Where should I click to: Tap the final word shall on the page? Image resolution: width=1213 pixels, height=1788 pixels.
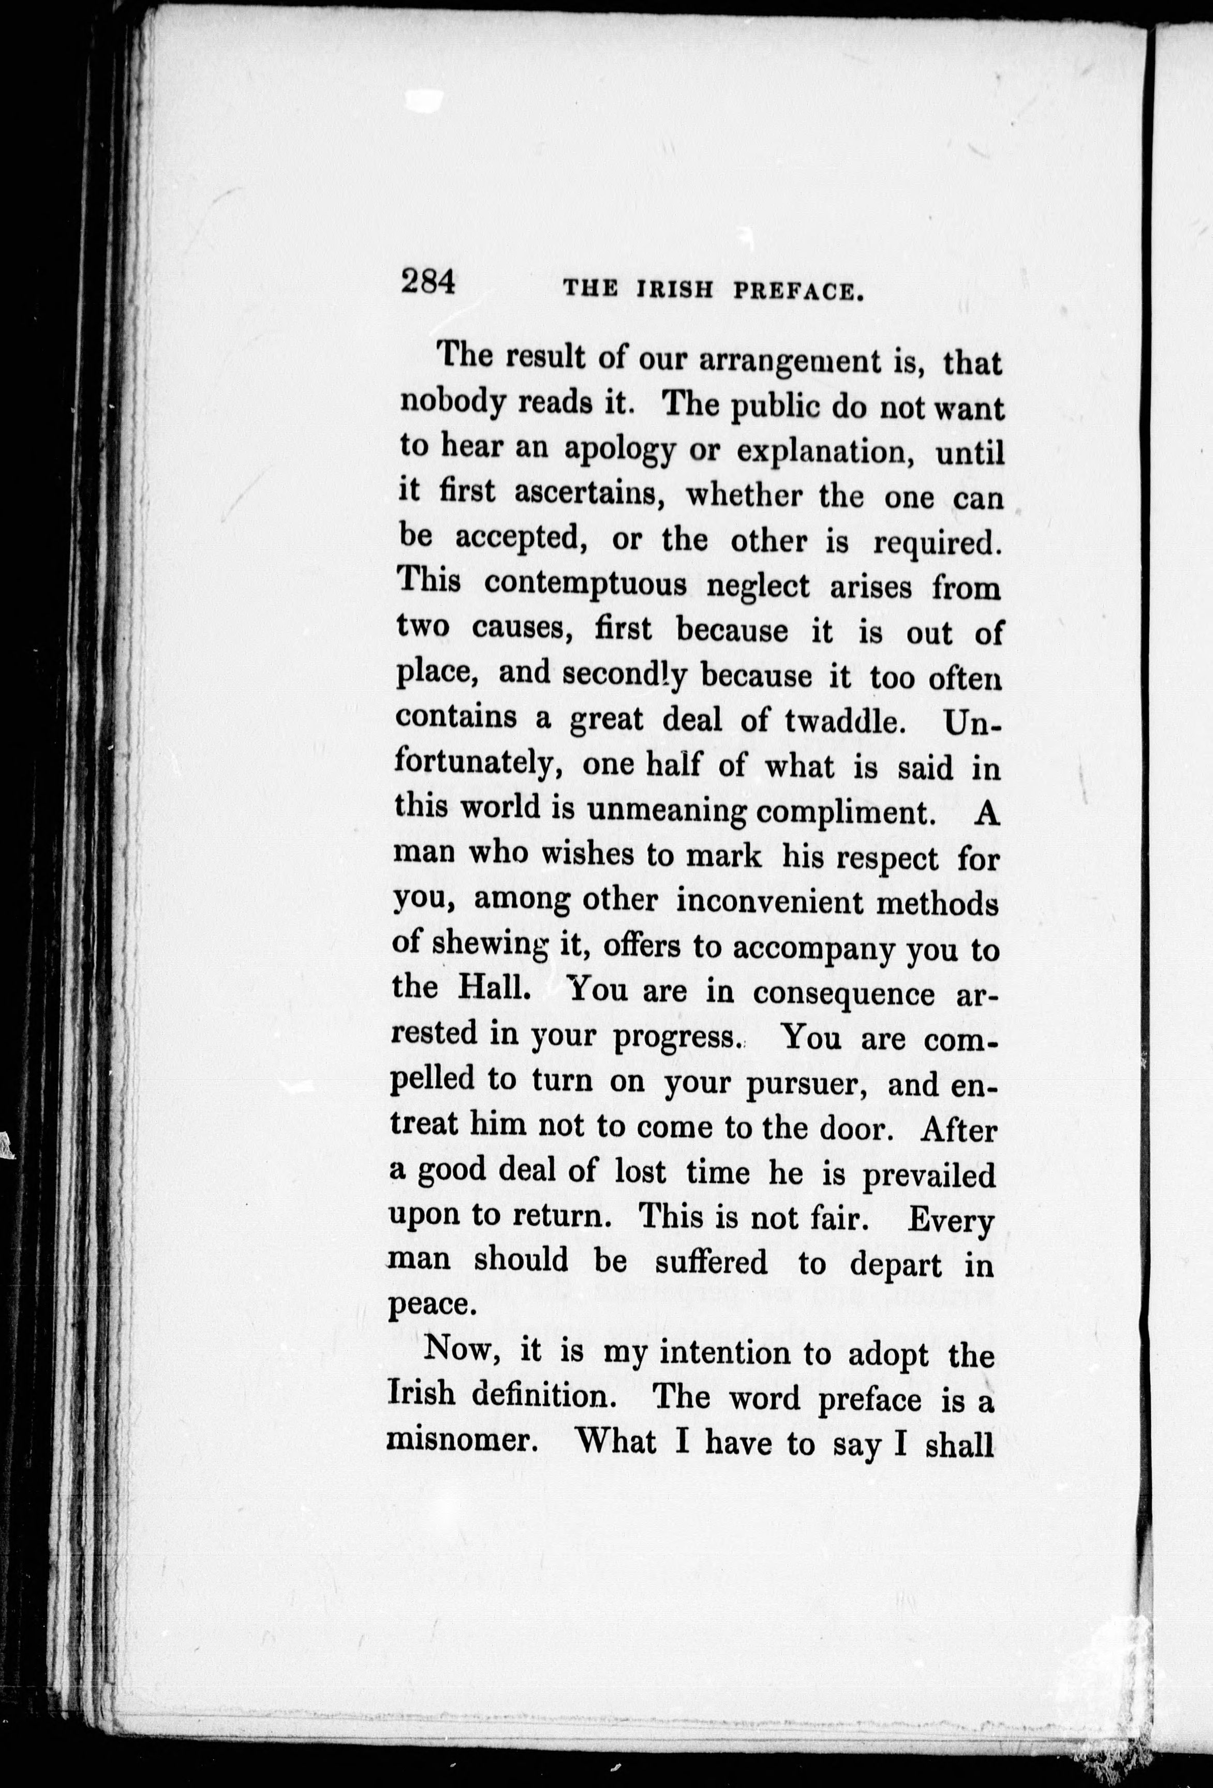[957, 1445]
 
